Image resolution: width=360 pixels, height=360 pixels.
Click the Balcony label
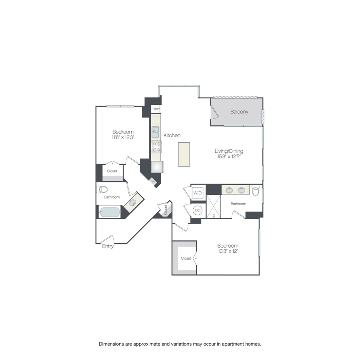239,112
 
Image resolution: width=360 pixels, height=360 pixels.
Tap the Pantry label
156,108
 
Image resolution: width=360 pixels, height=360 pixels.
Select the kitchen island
184,154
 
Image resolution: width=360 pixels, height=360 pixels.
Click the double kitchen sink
156,132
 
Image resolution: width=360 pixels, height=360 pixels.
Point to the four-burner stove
156,147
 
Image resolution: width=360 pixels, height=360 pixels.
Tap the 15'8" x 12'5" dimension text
229,157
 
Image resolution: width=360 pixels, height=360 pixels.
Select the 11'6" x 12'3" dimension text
123,137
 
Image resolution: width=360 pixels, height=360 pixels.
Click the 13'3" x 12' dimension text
228,251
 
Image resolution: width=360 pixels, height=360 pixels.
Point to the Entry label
108,246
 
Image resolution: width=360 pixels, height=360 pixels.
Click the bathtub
110,212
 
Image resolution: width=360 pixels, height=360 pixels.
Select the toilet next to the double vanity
256,191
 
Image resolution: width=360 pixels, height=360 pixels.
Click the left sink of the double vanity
229,190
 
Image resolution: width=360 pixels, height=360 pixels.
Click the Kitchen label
172,136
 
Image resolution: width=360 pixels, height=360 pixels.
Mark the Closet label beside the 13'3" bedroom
186,258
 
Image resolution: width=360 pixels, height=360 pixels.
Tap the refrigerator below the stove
157,166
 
